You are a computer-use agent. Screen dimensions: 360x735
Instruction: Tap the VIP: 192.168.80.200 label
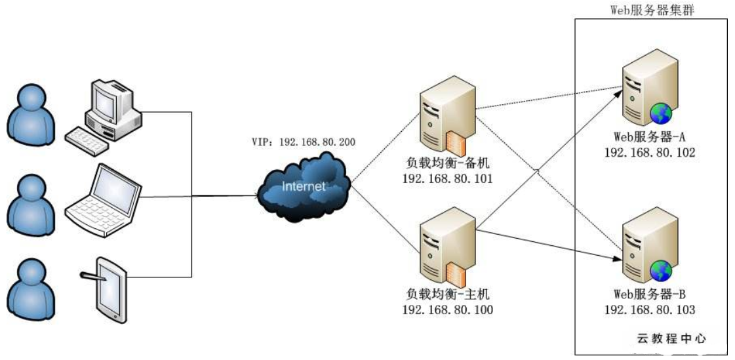point(304,141)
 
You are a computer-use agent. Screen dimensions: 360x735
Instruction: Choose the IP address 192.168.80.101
point(447,178)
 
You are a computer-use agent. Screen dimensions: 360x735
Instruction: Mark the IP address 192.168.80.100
point(447,310)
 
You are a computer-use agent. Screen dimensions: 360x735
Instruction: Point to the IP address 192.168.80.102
point(649,152)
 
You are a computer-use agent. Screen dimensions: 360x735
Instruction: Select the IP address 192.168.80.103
point(649,309)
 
